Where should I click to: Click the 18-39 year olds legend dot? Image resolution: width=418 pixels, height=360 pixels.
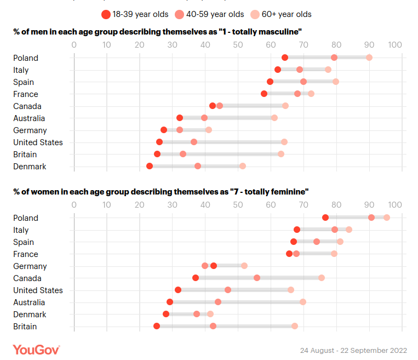point(106,14)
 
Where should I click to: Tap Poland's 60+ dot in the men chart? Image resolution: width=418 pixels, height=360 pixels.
point(369,58)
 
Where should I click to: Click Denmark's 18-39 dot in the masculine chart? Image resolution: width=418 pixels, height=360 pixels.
point(150,166)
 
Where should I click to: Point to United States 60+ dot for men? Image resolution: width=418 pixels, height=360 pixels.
point(284,142)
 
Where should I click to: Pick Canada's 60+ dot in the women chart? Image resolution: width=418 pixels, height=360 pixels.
point(322,278)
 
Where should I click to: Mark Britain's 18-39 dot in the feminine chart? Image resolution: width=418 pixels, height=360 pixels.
point(157,326)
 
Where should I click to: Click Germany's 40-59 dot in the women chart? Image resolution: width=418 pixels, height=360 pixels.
point(205,266)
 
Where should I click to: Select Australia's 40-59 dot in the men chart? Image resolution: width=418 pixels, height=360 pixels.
point(204,118)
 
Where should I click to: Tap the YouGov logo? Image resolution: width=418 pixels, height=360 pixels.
point(36,349)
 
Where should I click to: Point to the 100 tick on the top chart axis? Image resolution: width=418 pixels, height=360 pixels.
point(395,45)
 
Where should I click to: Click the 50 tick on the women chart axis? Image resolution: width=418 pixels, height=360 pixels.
point(238,205)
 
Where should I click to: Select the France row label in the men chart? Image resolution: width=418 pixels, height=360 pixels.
point(26,94)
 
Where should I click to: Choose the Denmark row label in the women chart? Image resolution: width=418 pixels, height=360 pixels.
point(30,314)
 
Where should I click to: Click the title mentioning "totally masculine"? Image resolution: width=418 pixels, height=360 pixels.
point(157,31)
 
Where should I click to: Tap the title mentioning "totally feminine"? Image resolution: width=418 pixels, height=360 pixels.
point(161,191)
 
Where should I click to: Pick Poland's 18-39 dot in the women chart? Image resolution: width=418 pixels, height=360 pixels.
point(325,218)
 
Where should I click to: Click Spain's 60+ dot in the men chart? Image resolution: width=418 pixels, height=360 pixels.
point(336,82)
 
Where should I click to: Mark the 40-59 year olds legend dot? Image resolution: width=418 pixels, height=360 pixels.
point(179,14)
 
